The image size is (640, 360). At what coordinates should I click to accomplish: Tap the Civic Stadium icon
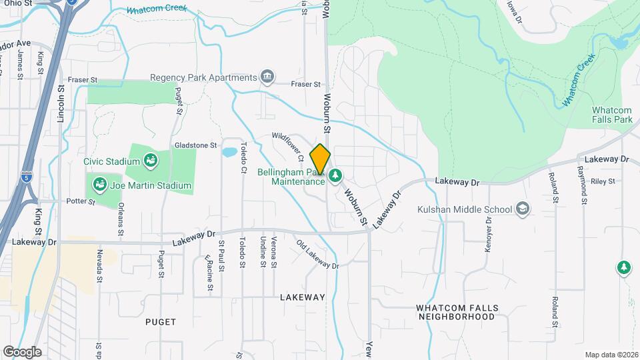coord(151,161)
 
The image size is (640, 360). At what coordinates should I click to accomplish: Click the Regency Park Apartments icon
coord(267,77)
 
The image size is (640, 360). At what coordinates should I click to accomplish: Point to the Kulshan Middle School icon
coord(523,209)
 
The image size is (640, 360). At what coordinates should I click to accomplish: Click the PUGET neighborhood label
coord(161,321)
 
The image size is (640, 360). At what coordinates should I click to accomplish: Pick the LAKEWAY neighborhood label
coord(302,297)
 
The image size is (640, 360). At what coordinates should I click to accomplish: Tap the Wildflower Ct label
coord(288,147)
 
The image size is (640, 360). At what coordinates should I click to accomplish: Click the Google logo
coord(22,351)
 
